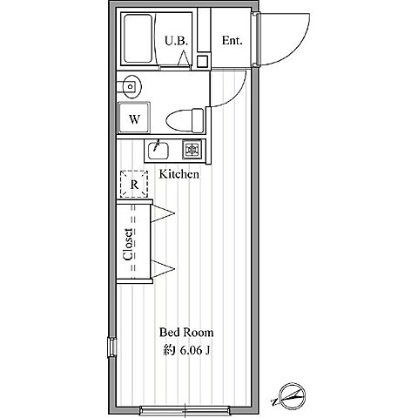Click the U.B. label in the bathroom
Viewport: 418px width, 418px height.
pyautogui.click(x=177, y=41)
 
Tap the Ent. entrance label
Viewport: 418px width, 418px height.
pyautogui.click(x=232, y=40)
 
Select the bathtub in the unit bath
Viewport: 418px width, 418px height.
pyautogui.click(x=138, y=38)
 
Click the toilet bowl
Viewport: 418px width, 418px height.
pyautogui.click(x=185, y=120)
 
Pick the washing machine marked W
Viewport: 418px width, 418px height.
pyautogui.click(x=134, y=118)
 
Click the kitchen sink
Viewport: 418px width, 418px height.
pyautogui.click(x=158, y=151)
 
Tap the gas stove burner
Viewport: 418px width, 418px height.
pyautogui.click(x=192, y=150)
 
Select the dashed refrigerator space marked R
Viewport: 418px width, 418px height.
pyautogui.click(x=134, y=185)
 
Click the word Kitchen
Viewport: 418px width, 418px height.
pyautogui.click(x=179, y=174)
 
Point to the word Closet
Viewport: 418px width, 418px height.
pyautogui.click(x=128, y=244)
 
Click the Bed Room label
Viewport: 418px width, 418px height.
pyautogui.click(x=186, y=333)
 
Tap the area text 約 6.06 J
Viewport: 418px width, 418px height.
pyautogui.click(x=186, y=350)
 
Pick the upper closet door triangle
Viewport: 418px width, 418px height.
pyautogui.click(x=162, y=213)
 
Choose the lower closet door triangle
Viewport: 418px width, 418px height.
pyautogui.click(x=162, y=268)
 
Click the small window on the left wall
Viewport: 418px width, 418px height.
pyautogui.click(x=111, y=347)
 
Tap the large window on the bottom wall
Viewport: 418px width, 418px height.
pyautogui.click(x=185, y=410)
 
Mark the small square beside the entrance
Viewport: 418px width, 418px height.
pyautogui.click(x=202, y=61)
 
